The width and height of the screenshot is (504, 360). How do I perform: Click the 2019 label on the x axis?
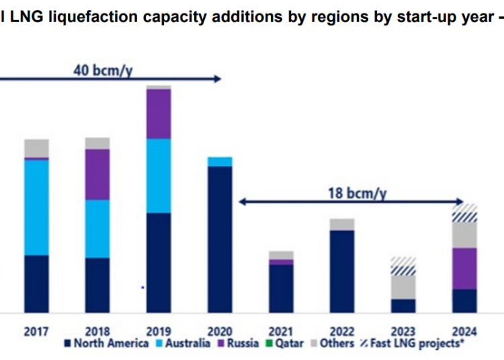pyautogui.click(x=159, y=330)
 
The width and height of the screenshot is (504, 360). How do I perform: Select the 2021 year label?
pyautogui.click(x=281, y=330)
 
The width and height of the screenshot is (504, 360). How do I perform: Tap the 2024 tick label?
pyautogui.click(x=465, y=330)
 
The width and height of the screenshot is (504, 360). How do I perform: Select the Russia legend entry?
pyautogui.click(x=238, y=344)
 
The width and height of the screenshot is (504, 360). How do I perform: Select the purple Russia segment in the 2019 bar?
pyautogui.click(x=159, y=114)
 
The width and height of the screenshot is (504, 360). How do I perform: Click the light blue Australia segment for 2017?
pyautogui.click(x=36, y=208)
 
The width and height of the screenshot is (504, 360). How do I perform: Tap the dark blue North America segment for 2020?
pyautogui.click(x=220, y=239)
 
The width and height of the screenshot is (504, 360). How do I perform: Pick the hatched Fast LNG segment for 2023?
pyautogui.click(x=403, y=266)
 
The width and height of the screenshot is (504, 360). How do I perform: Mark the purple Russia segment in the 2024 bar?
pyautogui.click(x=464, y=268)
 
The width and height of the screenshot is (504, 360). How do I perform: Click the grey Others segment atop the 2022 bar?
pyautogui.click(x=342, y=224)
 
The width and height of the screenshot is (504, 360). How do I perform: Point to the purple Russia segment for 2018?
pyautogui.click(x=97, y=174)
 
